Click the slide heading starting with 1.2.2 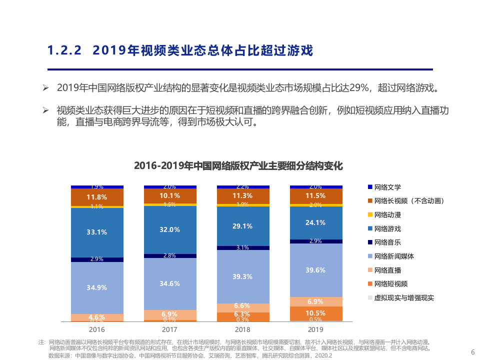179,50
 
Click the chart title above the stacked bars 238,166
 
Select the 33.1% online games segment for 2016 96,232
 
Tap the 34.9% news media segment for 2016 96,287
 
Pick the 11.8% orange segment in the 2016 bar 96,197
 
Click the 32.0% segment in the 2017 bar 169,229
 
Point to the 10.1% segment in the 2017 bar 169,195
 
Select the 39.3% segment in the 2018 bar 242,276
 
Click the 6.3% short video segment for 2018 242,314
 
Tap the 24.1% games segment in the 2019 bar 315,222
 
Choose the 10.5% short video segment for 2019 315,313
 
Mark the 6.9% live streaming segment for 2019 315,301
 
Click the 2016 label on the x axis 96,329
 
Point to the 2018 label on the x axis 242,329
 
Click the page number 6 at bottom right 472,351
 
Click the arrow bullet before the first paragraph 45,88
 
